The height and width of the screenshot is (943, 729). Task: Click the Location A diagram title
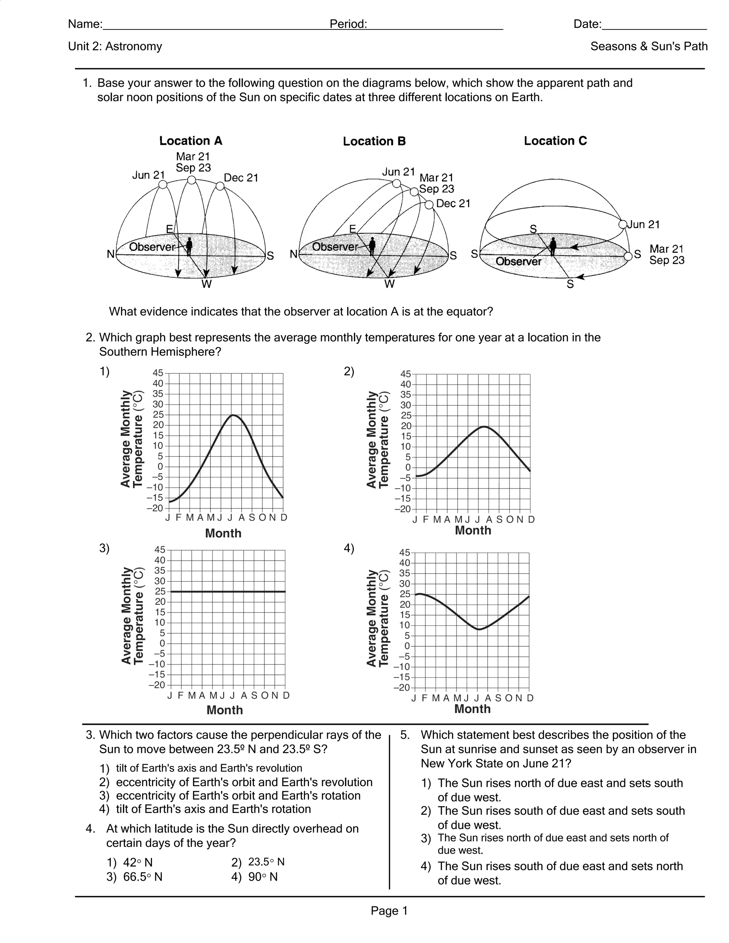190,141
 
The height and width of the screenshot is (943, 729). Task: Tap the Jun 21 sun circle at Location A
163,184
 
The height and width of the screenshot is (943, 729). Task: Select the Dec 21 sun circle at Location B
429,205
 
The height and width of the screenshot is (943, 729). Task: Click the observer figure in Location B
372,246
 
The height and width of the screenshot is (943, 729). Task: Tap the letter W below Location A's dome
206,284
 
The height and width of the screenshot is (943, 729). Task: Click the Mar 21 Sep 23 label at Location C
666,255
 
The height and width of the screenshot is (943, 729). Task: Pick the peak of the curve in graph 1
233,415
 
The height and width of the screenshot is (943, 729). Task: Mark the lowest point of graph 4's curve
478,629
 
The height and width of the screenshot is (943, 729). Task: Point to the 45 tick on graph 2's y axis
405,374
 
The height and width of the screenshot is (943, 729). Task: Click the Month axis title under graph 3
225,710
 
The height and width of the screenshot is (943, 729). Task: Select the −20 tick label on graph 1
155,508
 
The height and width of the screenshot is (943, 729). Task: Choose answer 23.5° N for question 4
266,862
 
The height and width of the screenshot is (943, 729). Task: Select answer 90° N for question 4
263,877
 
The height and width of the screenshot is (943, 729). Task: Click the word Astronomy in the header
133,46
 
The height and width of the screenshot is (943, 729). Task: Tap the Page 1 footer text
389,911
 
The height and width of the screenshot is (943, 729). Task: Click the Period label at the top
348,24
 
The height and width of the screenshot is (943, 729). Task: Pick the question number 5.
404,735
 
